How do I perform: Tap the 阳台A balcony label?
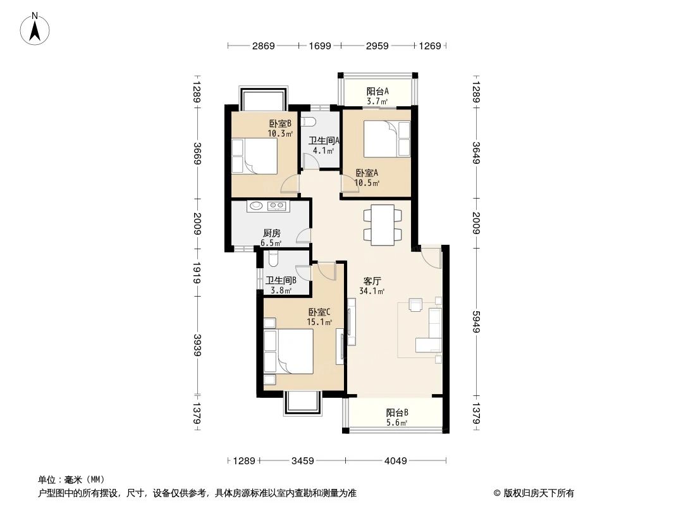(x=377, y=91)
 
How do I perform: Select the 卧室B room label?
(x=280, y=124)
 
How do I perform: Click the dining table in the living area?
(x=383, y=225)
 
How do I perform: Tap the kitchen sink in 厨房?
(x=257, y=206)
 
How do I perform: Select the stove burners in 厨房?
(x=277, y=206)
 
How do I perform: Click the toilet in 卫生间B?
(x=273, y=259)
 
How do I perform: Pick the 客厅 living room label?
(x=372, y=281)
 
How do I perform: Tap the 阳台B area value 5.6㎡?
(x=397, y=424)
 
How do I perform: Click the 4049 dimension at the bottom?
(x=395, y=461)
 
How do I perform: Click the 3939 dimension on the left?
(x=197, y=345)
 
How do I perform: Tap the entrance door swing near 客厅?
(x=431, y=256)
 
